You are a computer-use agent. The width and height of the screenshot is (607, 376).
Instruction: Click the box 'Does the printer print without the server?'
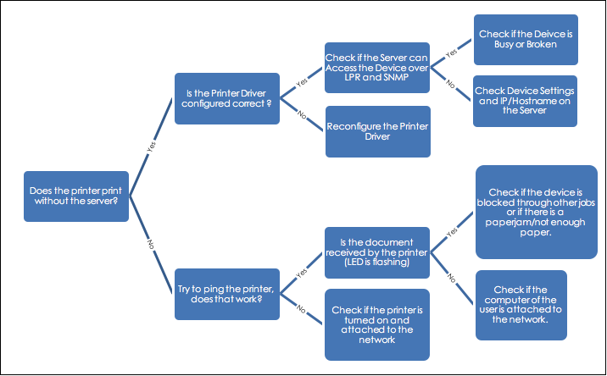coord(76,196)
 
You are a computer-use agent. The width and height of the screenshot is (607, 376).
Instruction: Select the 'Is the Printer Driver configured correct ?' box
coord(227,98)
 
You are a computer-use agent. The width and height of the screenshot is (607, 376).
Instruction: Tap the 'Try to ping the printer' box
coord(227,295)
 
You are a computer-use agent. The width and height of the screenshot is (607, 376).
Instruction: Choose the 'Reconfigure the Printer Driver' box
coord(378,131)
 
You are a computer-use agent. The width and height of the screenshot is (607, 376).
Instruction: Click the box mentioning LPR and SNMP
coord(377,68)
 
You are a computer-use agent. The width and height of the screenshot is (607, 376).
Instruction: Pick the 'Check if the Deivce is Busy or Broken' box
coord(526,40)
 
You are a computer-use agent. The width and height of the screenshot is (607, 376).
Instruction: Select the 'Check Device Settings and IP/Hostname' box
coord(525,101)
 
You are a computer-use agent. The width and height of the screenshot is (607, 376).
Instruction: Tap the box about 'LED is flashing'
coord(377,252)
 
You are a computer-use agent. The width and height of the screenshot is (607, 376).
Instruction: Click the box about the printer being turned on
coord(377,325)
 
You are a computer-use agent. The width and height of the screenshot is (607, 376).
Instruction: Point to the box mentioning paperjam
coord(537,212)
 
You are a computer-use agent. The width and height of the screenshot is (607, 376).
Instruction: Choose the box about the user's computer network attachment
coord(521,305)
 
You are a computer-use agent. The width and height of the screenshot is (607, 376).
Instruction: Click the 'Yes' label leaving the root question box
coord(152,147)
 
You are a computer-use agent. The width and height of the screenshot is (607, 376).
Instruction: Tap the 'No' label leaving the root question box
coord(151,245)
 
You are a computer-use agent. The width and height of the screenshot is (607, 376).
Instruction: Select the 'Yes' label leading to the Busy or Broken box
coord(451,53)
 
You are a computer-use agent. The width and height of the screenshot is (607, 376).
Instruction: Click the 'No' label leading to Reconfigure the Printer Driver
coord(302,114)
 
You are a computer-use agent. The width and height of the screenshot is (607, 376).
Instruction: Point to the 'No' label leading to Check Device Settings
coord(451,84)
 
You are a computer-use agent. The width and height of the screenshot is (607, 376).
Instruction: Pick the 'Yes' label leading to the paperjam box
coord(452,232)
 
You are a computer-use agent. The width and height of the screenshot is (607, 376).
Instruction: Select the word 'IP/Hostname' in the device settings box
coord(525,101)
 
